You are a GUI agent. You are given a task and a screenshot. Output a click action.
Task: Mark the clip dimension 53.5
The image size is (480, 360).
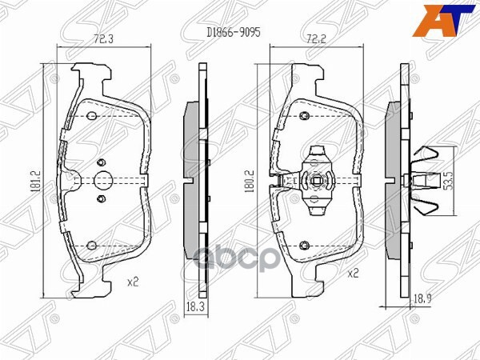(x=450, y=181)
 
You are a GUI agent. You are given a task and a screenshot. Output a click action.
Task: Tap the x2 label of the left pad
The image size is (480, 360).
(x=133, y=281)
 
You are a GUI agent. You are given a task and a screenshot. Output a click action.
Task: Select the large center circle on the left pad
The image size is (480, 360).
(x=102, y=181)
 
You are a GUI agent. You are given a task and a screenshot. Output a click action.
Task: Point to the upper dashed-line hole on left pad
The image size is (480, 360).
(x=91, y=118)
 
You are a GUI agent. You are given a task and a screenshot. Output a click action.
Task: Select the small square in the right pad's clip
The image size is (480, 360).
(x=318, y=179)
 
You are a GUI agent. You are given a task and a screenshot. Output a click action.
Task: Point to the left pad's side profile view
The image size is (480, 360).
(x=193, y=181)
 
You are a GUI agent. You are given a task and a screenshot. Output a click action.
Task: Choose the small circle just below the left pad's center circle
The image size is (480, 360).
(x=101, y=198)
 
